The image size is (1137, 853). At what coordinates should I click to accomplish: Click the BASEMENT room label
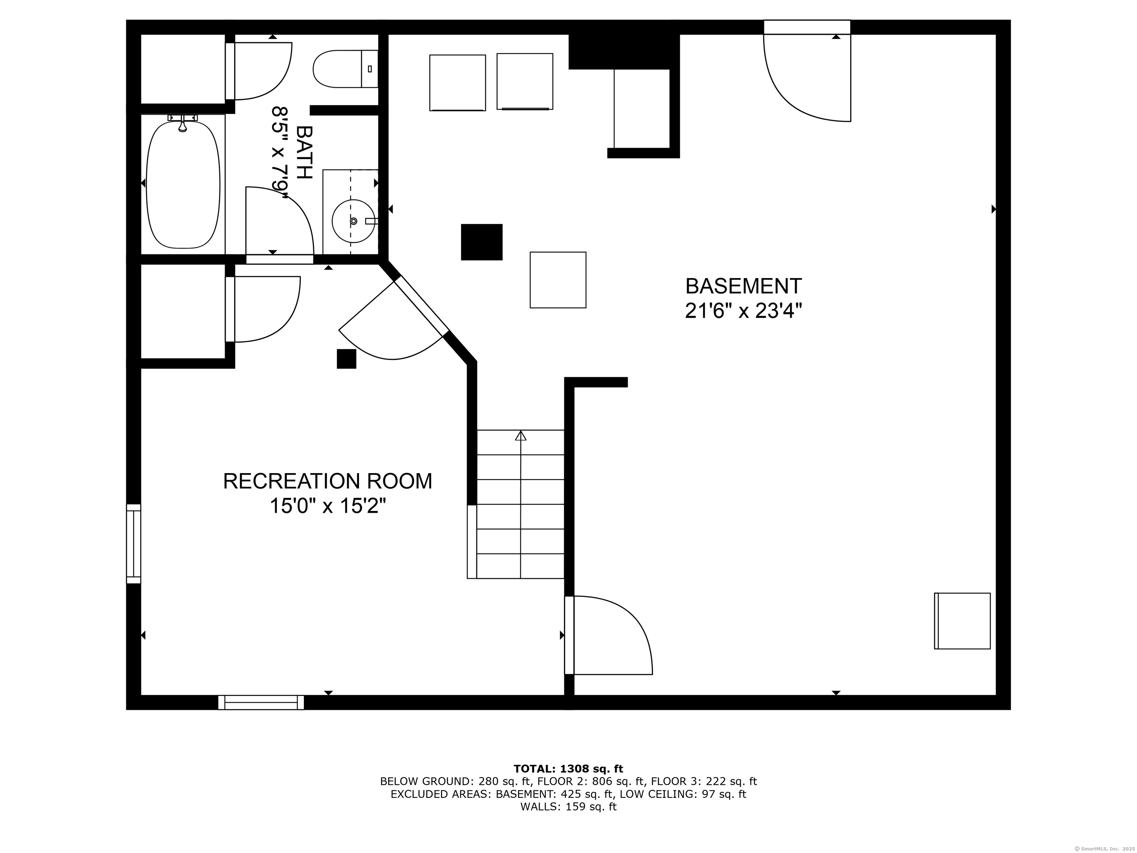743,286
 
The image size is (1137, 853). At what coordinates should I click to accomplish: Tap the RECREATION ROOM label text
328,481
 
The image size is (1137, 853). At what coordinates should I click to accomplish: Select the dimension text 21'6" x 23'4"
743,311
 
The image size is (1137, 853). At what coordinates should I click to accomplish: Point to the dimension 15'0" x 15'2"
328,506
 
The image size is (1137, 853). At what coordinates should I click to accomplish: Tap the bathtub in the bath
183,184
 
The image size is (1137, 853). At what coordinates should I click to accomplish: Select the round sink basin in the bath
353,221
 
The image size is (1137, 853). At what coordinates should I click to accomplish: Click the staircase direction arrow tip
521,435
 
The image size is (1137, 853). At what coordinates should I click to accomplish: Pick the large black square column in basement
482,242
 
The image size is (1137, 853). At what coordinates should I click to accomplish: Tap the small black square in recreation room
346,359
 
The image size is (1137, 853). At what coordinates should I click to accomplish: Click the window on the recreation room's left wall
134,544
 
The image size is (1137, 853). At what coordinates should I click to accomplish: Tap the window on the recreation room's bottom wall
261,702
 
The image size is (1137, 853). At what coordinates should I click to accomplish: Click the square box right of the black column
558,280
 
